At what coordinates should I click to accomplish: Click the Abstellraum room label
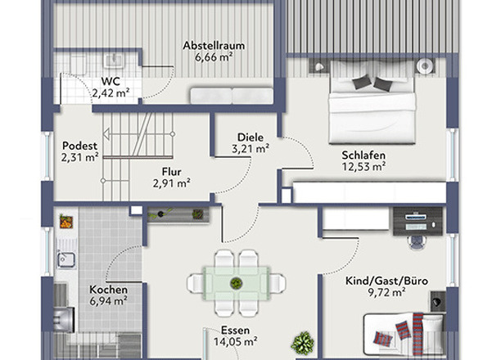(x=214, y=46)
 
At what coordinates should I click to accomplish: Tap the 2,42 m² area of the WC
(x=111, y=93)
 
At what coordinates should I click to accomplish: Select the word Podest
(x=79, y=146)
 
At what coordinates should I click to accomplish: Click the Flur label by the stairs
(x=172, y=172)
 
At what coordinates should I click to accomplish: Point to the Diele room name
(x=251, y=137)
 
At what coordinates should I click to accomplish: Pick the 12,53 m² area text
(x=363, y=167)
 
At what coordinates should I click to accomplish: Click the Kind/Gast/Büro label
(x=386, y=281)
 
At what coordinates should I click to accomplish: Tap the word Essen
(x=235, y=331)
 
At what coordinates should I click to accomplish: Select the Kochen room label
(x=108, y=290)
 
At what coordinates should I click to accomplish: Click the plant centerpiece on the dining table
(x=236, y=283)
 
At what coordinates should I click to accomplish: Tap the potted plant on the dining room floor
(x=302, y=343)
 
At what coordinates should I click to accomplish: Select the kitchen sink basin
(x=66, y=259)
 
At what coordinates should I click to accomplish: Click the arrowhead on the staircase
(x=106, y=134)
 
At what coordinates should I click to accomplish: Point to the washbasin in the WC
(x=115, y=61)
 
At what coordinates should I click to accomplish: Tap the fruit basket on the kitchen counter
(x=66, y=222)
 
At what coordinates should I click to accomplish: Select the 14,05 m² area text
(x=236, y=341)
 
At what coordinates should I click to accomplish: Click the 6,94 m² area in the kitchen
(x=108, y=301)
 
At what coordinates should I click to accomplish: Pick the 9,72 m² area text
(x=386, y=292)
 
